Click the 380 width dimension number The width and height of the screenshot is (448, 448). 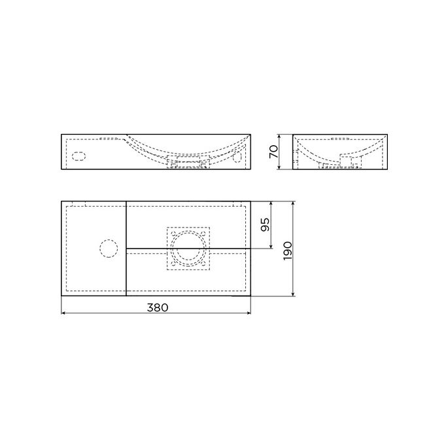click(156, 306)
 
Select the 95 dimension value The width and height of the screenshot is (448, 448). click(265, 225)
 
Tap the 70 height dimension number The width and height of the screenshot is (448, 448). click(274, 152)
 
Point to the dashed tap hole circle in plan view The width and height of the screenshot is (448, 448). click(107, 248)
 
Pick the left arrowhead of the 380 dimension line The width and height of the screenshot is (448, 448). click(63, 313)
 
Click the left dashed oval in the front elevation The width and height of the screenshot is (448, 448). click(77, 157)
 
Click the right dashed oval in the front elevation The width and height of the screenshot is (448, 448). click(238, 157)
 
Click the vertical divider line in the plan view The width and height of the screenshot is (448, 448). click(125, 248)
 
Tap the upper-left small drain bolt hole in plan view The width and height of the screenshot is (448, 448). click(172, 233)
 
